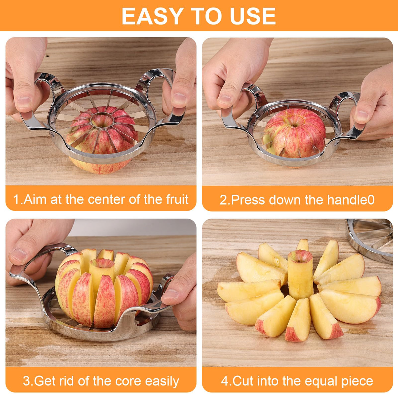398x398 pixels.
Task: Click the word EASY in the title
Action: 153,16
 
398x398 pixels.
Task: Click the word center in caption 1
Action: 107,199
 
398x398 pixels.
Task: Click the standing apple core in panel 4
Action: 300,275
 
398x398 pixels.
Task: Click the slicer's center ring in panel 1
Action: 102,120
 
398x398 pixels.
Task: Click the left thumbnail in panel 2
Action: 225,100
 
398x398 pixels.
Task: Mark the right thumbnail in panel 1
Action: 179,99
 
